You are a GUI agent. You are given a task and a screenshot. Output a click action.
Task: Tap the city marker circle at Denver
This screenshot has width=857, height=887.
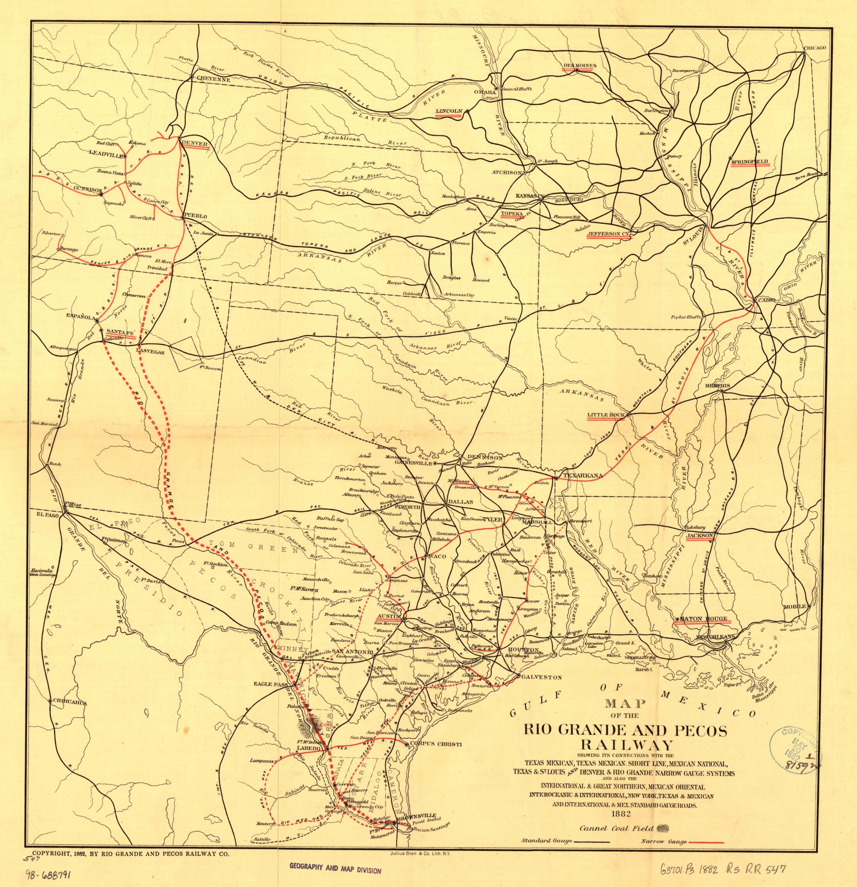(180, 137)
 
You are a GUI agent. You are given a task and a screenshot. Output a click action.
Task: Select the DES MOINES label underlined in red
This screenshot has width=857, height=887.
(580, 66)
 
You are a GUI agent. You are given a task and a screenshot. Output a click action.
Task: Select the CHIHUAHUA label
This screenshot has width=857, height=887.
(67, 703)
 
